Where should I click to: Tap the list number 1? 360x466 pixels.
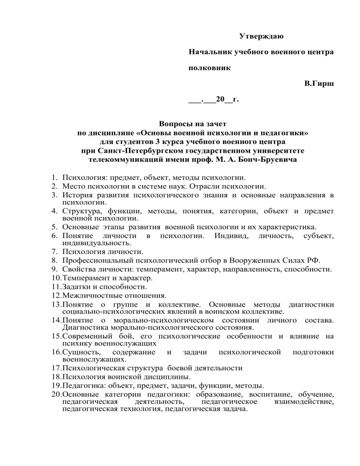click(x=55, y=178)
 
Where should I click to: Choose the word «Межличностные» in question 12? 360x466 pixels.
click(x=90, y=295)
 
